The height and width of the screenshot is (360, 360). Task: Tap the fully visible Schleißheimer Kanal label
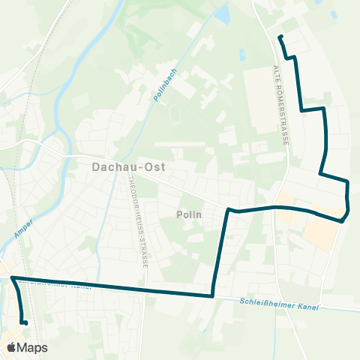(x=280, y=305)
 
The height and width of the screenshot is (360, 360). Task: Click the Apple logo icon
(x=11, y=347)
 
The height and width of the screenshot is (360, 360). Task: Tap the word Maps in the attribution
(x=32, y=347)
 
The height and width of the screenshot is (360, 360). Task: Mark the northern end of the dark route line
(x=280, y=37)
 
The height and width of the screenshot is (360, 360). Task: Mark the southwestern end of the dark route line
(x=25, y=322)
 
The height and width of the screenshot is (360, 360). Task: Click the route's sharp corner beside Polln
(x=229, y=209)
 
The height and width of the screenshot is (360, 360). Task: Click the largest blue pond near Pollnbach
(x=221, y=13)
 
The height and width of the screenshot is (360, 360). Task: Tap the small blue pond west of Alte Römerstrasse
(x=242, y=55)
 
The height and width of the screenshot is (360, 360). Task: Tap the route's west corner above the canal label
(x=13, y=278)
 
